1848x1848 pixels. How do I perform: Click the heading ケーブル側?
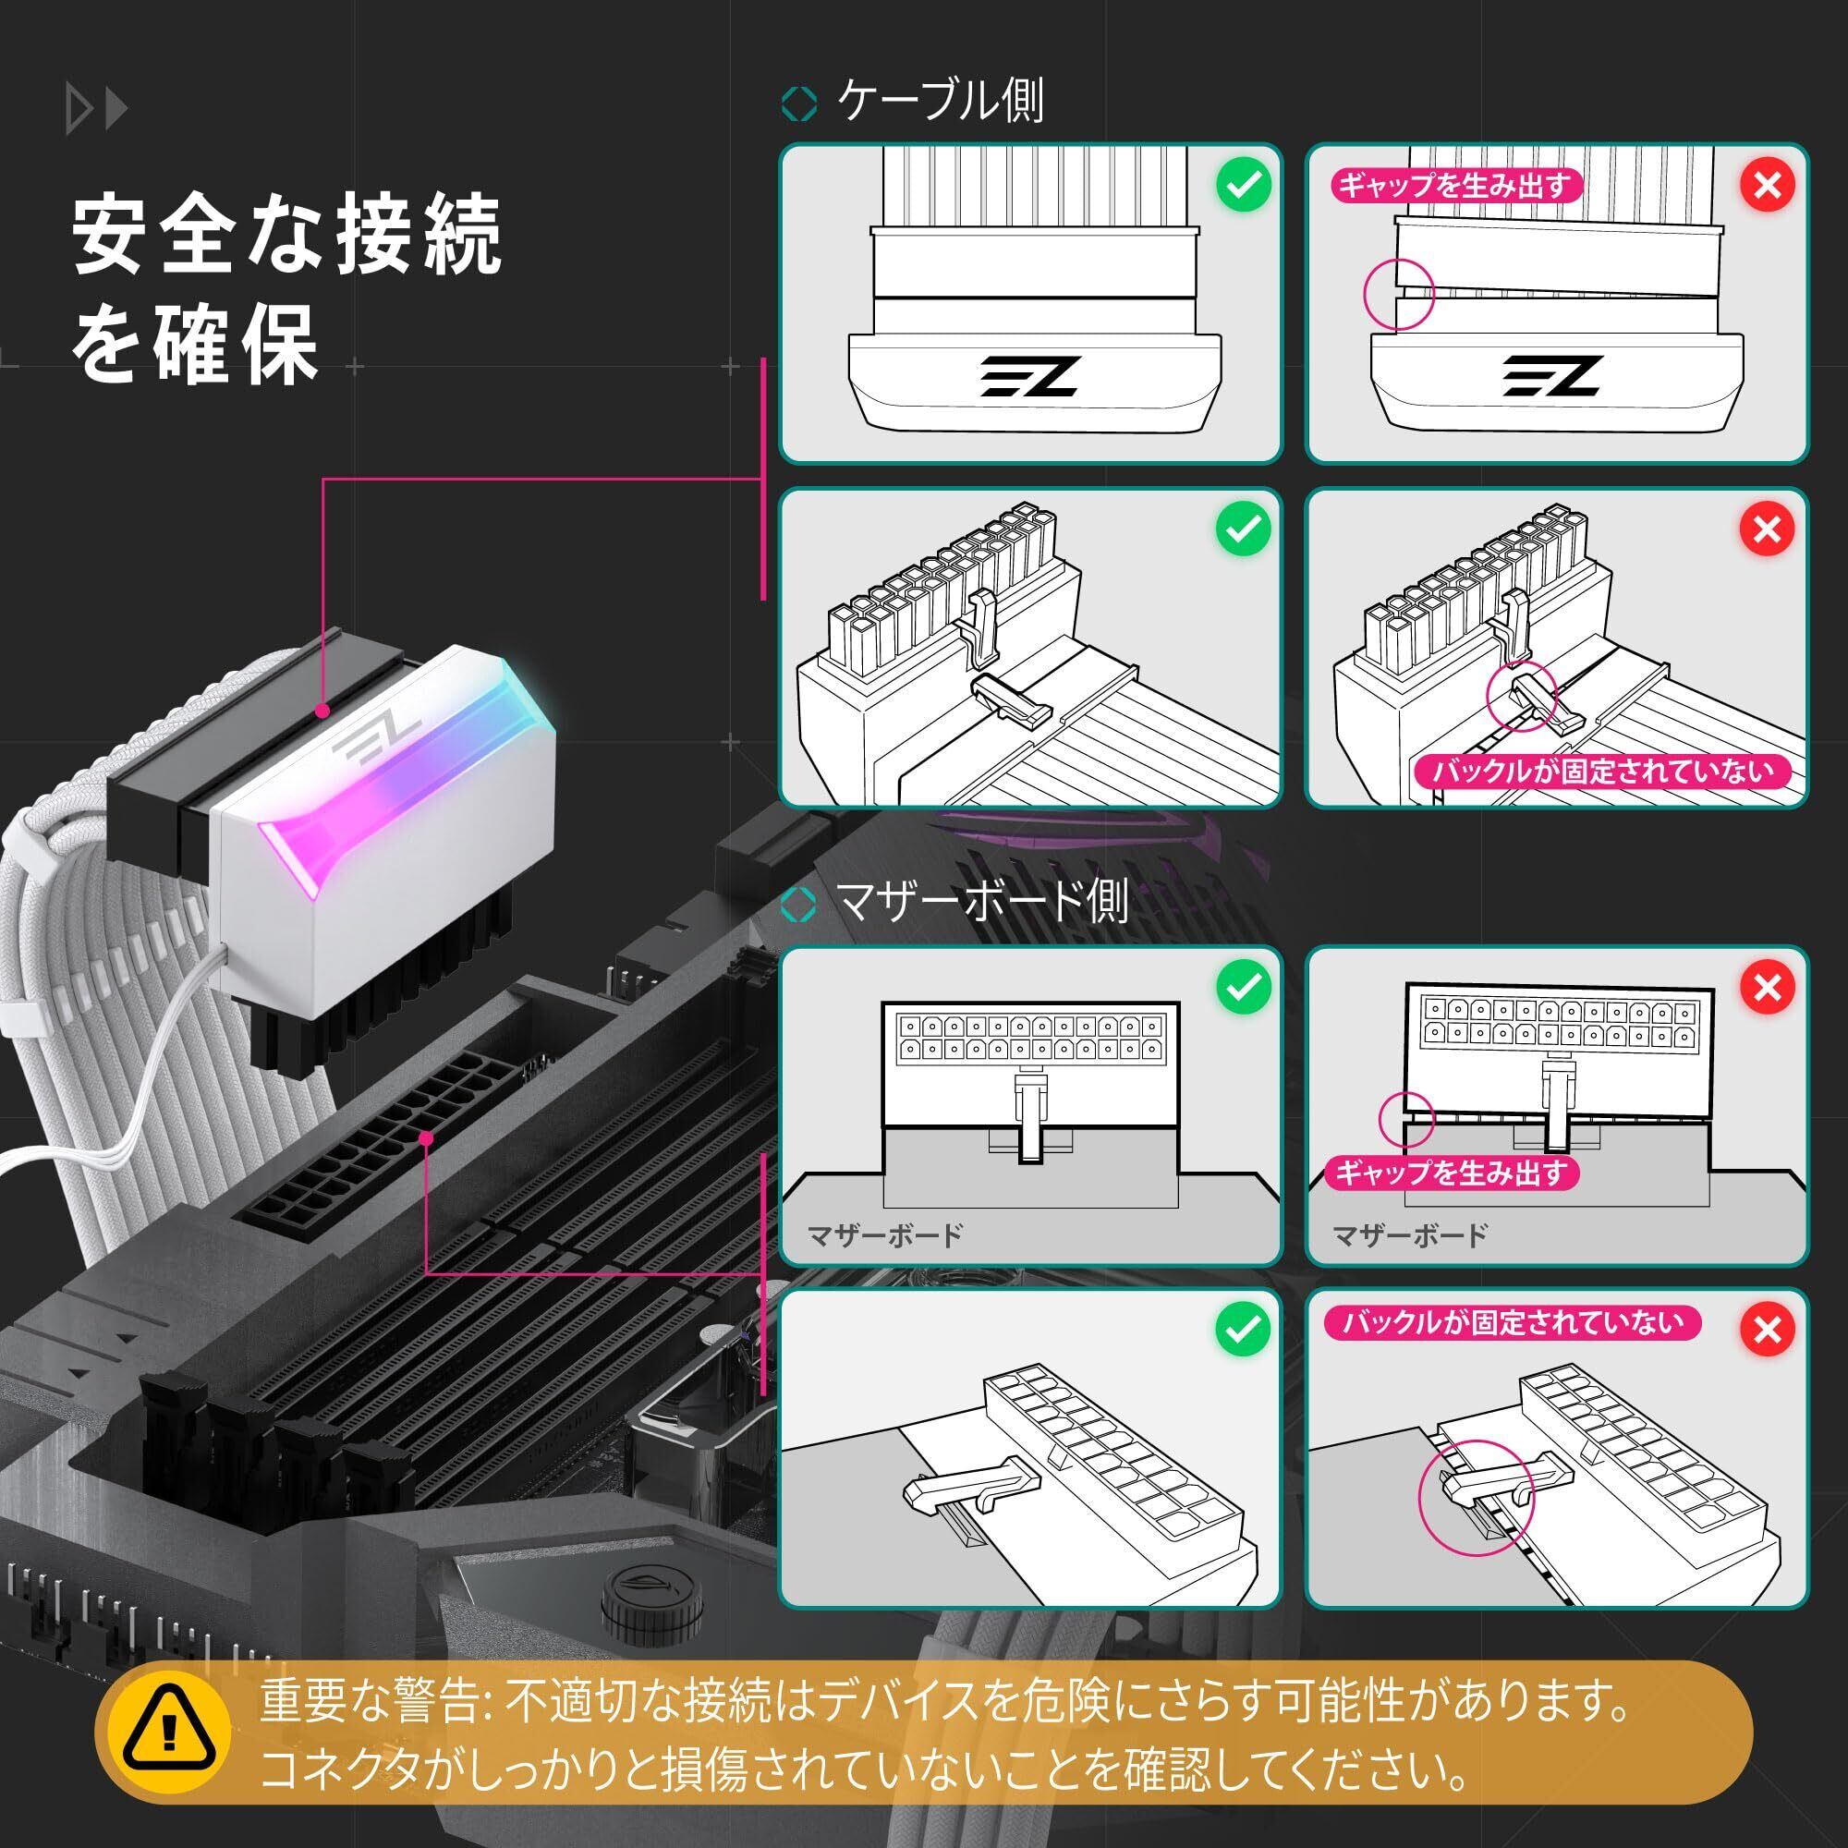point(940,101)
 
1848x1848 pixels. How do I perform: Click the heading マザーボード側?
point(981,901)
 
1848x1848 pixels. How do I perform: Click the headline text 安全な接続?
point(287,235)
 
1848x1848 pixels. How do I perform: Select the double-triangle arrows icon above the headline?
point(96,110)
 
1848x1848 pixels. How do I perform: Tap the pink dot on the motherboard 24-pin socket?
point(428,1138)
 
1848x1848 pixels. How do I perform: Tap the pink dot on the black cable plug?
point(323,711)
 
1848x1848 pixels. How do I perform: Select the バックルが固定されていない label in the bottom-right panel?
point(1513,1323)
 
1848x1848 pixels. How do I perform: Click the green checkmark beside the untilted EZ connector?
point(1244,185)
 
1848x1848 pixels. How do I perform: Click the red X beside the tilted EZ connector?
point(1767,185)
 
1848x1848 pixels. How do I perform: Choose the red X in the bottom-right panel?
point(1767,1329)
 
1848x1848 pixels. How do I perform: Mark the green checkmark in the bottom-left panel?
point(1244,1329)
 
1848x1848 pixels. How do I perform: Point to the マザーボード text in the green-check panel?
point(885,1234)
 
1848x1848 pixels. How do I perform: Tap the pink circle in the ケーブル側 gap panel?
point(1398,294)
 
